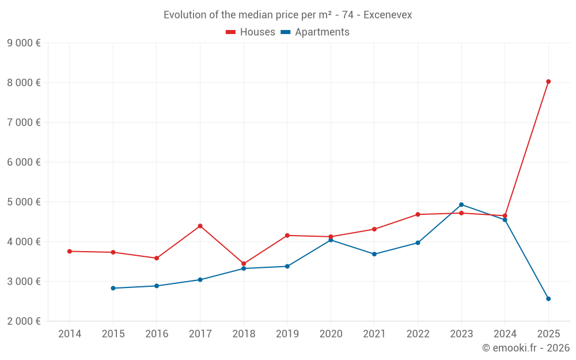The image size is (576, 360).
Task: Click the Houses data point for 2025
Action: (548, 82)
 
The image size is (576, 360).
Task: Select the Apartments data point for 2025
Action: (548, 299)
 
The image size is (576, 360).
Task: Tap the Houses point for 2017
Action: (200, 226)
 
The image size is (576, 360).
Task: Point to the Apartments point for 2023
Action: (461, 204)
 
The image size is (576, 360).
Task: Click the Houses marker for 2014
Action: (70, 251)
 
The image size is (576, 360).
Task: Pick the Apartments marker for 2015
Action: (113, 288)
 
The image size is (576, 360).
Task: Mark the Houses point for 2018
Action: (244, 264)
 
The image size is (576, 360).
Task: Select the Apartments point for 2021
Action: (374, 254)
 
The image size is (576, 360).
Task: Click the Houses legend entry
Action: (251, 32)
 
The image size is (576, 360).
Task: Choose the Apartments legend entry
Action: (315, 32)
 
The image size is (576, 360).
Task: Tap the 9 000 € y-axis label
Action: (24, 43)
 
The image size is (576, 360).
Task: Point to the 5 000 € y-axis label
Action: (24, 202)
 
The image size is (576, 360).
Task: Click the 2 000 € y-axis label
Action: (24, 321)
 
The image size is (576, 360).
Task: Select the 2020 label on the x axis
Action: (331, 334)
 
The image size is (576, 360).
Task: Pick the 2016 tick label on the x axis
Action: (157, 334)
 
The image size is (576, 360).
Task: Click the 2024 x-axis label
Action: (505, 334)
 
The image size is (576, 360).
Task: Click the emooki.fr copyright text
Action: (526, 348)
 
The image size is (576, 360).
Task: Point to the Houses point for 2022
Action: (418, 214)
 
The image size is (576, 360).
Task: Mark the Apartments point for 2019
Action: (287, 266)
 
